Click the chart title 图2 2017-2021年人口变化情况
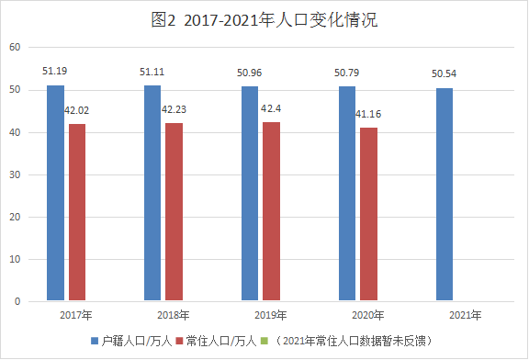tap(264, 20)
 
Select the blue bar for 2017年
tap(56, 193)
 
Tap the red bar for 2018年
tap(174, 211)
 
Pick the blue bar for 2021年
tap(445, 195)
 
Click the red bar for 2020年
tap(369, 214)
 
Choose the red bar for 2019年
tap(271, 211)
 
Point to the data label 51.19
tap(55, 71)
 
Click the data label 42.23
tap(174, 109)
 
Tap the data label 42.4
tap(271, 108)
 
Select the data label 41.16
tap(368, 114)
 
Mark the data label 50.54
tap(444, 73)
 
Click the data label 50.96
tap(249, 73)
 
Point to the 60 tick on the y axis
tap(15, 47)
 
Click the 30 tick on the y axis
tap(15, 174)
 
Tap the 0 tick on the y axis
tap(17, 301)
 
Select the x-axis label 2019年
tap(271, 315)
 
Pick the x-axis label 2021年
tap(466, 315)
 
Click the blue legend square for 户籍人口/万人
tap(95, 341)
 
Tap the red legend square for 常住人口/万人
tap(179, 341)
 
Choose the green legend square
tap(264, 341)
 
